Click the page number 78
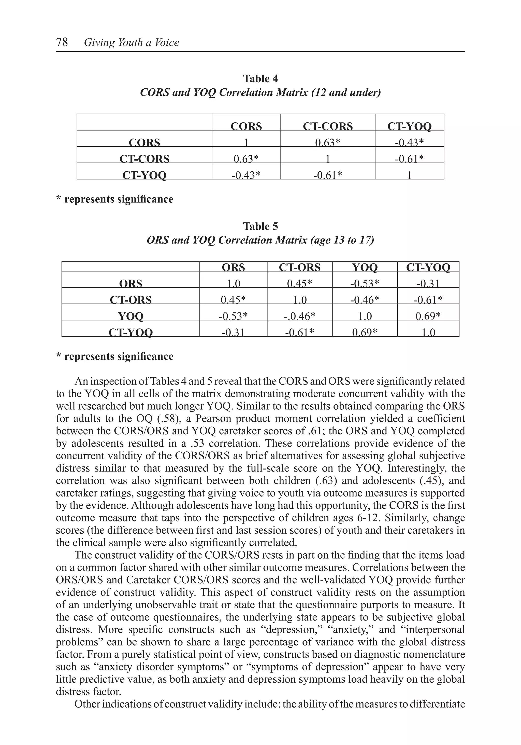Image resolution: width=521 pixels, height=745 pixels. (x=62, y=42)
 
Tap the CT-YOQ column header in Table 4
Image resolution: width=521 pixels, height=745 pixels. (x=409, y=126)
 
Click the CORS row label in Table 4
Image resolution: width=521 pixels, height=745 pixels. (x=144, y=142)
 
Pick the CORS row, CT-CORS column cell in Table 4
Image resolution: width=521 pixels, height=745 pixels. (x=327, y=142)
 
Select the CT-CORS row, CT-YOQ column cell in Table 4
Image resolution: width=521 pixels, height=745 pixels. (x=409, y=158)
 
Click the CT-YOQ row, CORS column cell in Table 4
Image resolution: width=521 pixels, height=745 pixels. (x=246, y=175)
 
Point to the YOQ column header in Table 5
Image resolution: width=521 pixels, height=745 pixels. (x=365, y=267)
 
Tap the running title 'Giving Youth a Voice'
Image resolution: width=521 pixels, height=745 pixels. (x=131, y=43)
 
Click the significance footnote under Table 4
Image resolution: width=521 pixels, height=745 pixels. (x=115, y=199)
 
